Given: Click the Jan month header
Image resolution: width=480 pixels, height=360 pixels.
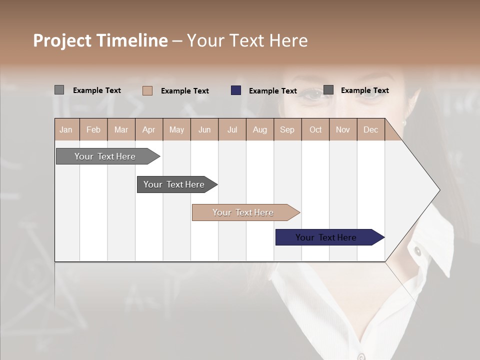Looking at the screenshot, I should (66, 130).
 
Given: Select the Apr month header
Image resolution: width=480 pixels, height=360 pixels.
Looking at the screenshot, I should (148, 130).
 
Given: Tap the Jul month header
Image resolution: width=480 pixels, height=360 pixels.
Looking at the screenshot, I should (232, 130).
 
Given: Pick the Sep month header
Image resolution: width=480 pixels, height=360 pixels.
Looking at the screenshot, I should (287, 130).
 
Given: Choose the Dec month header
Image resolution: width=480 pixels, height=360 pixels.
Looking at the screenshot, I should (370, 130).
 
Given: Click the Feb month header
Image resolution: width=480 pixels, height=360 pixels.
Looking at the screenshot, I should (93, 130).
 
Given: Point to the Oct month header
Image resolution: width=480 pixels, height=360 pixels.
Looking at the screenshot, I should (315, 130).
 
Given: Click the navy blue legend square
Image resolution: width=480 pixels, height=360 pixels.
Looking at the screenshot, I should (236, 90).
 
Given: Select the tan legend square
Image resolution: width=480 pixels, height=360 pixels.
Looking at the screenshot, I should (147, 90).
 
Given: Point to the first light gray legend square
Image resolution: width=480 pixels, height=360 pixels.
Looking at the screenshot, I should (59, 90).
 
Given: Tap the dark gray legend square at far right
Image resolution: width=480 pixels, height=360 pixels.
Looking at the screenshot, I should (328, 90).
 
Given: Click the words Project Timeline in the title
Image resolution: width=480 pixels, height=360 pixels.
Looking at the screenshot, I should (100, 40).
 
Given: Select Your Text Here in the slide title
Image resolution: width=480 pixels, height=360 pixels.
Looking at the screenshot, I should (247, 40).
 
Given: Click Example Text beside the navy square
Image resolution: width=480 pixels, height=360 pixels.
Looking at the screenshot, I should (273, 91).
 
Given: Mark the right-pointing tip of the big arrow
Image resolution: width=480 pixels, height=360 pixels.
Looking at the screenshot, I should (438, 190).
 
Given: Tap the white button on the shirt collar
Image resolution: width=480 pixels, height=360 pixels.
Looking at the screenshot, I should (417, 250).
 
